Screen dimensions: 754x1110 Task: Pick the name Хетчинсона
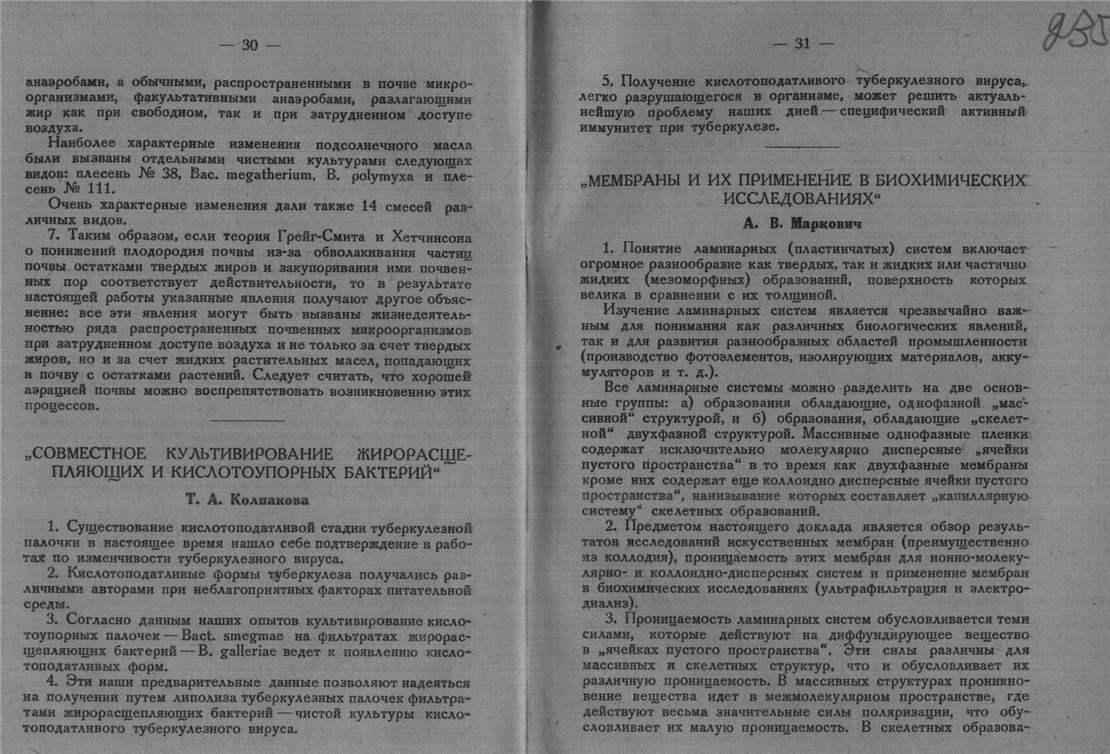point(424,237)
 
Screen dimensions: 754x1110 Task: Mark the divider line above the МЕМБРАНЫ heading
point(802,148)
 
